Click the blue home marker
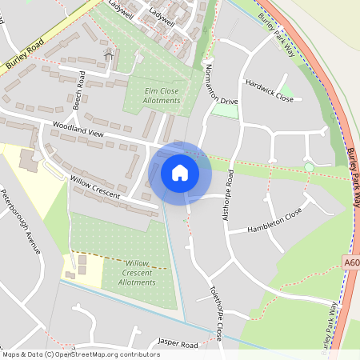click(180, 172)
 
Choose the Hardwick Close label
click(270, 90)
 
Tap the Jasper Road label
click(177, 343)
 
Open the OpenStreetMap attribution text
click(81, 354)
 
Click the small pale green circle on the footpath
click(309, 166)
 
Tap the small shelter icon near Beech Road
click(110, 54)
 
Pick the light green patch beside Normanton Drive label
click(226, 110)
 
